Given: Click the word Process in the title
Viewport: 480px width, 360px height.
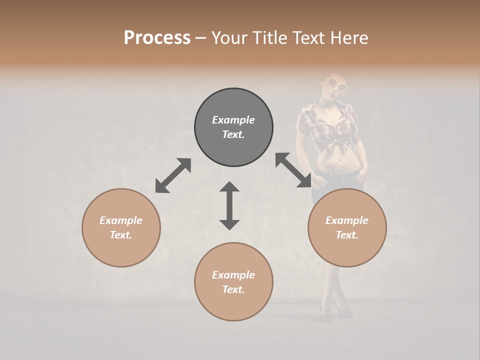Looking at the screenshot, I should (x=157, y=38).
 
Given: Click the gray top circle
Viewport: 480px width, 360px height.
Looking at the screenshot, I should (x=233, y=127).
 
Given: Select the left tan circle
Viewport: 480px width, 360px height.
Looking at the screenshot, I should (x=121, y=227).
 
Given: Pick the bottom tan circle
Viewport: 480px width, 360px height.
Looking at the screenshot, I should (x=233, y=281).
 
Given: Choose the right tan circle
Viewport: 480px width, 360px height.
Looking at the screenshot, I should (x=347, y=227).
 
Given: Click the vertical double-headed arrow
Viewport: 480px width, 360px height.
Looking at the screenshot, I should (x=229, y=205).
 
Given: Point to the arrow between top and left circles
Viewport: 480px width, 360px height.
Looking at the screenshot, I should (x=173, y=175).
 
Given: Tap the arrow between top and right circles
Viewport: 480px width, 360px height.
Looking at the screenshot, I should (x=293, y=170).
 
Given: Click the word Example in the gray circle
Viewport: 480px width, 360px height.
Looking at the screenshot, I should (x=233, y=120).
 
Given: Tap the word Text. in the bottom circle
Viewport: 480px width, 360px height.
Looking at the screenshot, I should (x=233, y=289).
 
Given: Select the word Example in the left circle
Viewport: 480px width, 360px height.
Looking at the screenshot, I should (x=121, y=220).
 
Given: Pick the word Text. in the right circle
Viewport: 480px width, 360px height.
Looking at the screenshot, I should (x=347, y=235).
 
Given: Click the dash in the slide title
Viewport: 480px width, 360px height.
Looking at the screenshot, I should (x=200, y=38).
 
